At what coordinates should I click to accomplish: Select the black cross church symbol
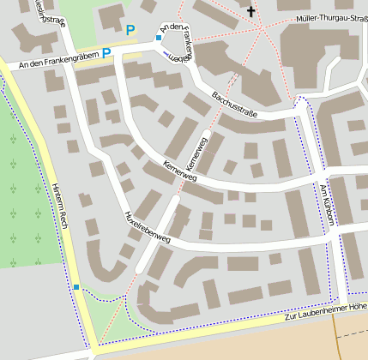coord(251,12)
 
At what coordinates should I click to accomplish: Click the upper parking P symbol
coord(130,31)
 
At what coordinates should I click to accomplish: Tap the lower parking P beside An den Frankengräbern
coord(107,53)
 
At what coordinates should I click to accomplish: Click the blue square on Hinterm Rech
coord(76,287)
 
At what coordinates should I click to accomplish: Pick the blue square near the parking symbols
coord(159,38)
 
